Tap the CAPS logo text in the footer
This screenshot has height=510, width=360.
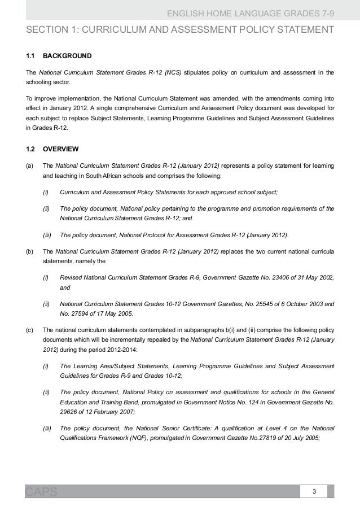(41, 492)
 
